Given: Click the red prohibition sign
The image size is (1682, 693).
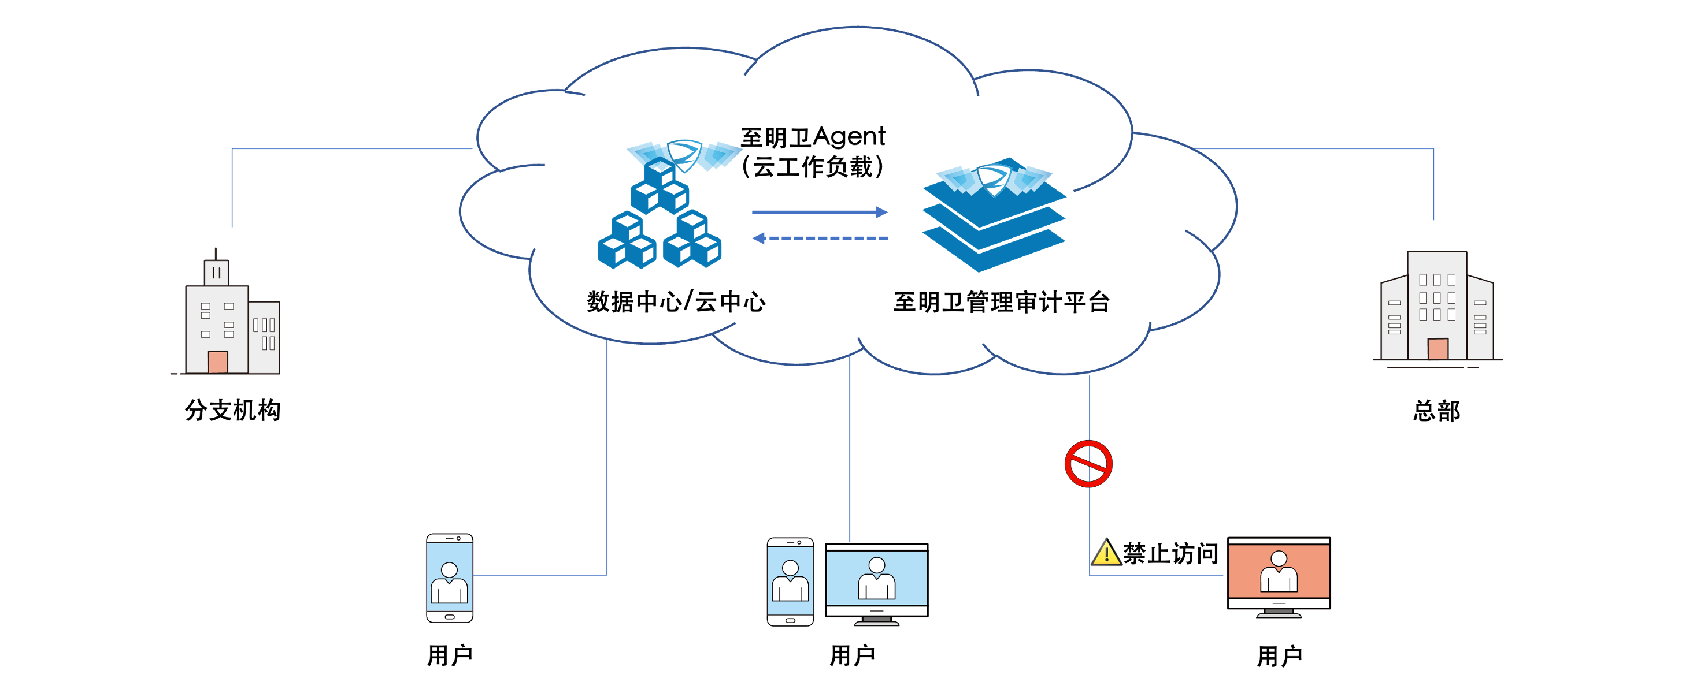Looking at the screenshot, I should (1088, 464).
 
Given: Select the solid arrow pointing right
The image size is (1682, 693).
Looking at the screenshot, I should (820, 212).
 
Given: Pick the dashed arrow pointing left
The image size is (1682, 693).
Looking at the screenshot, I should (820, 238).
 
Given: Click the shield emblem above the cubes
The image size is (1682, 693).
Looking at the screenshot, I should (684, 155).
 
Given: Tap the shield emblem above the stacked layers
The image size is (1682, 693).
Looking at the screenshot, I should (994, 180).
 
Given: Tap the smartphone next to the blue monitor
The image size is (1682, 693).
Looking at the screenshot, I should (790, 582).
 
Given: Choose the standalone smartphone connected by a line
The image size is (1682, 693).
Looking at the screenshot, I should (449, 578).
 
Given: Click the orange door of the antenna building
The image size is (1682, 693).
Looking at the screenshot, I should (217, 362).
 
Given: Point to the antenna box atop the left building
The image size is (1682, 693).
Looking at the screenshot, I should (216, 273).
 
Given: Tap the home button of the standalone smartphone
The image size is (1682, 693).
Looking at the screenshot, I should (449, 617).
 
